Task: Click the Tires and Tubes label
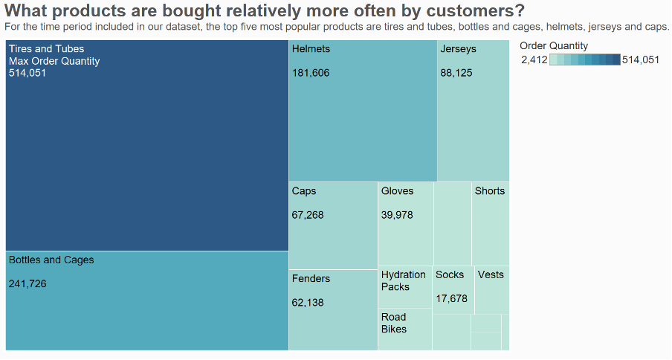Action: [46, 49]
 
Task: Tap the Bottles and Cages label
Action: [51, 260]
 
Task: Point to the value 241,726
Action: [28, 284]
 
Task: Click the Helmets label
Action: [311, 49]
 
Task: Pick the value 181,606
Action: [311, 73]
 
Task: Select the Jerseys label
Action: [458, 49]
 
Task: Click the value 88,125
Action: [456, 73]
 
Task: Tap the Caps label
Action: [304, 191]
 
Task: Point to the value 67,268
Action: [308, 215]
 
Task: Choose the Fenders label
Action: [311, 279]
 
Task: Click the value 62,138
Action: [308, 303]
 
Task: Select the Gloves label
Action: [397, 191]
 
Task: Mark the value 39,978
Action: [397, 215]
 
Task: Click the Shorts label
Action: [490, 191]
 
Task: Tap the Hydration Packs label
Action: [403, 280]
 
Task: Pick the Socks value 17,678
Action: [451, 299]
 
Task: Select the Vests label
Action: [491, 275]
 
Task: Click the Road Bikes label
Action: [394, 323]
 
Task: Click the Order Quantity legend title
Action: [554, 46]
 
